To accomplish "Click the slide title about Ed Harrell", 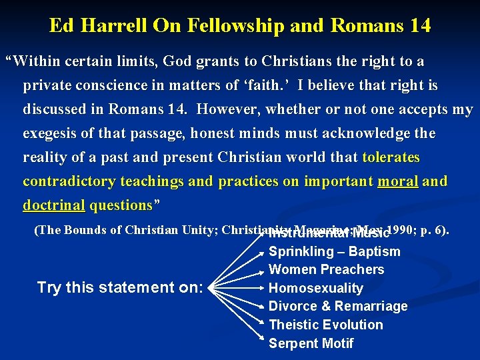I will [x=240, y=26].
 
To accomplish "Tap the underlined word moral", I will [x=398, y=181].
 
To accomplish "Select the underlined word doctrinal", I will [x=54, y=205].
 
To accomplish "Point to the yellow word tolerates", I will [x=391, y=157].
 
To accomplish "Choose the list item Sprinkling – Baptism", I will [x=334, y=251].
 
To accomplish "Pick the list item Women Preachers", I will [x=326, y=269].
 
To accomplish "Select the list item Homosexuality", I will [x=315, y=288].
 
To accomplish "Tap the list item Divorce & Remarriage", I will [x=337, y=306].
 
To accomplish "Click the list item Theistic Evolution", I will [x=325, y=325].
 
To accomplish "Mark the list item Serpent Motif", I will [x=311, y=343].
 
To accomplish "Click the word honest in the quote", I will [x=214, y=133].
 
